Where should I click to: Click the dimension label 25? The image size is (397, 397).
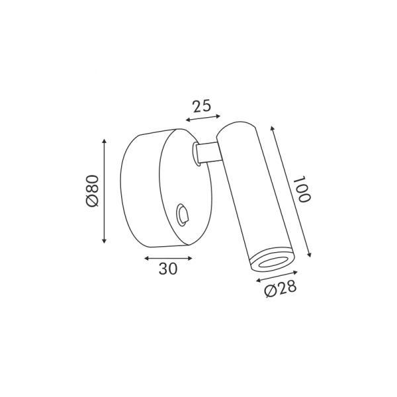[202, 106]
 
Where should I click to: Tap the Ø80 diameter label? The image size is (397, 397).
[92, 191]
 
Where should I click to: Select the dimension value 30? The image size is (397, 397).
[168, 269]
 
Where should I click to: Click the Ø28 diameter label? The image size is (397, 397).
[280, 289]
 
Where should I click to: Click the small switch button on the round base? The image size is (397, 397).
[183, 214]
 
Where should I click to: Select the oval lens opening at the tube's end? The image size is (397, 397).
[272, 263]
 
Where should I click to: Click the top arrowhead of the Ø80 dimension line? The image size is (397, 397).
[104, 141]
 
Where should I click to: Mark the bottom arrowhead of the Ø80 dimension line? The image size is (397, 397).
[104, 241]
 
